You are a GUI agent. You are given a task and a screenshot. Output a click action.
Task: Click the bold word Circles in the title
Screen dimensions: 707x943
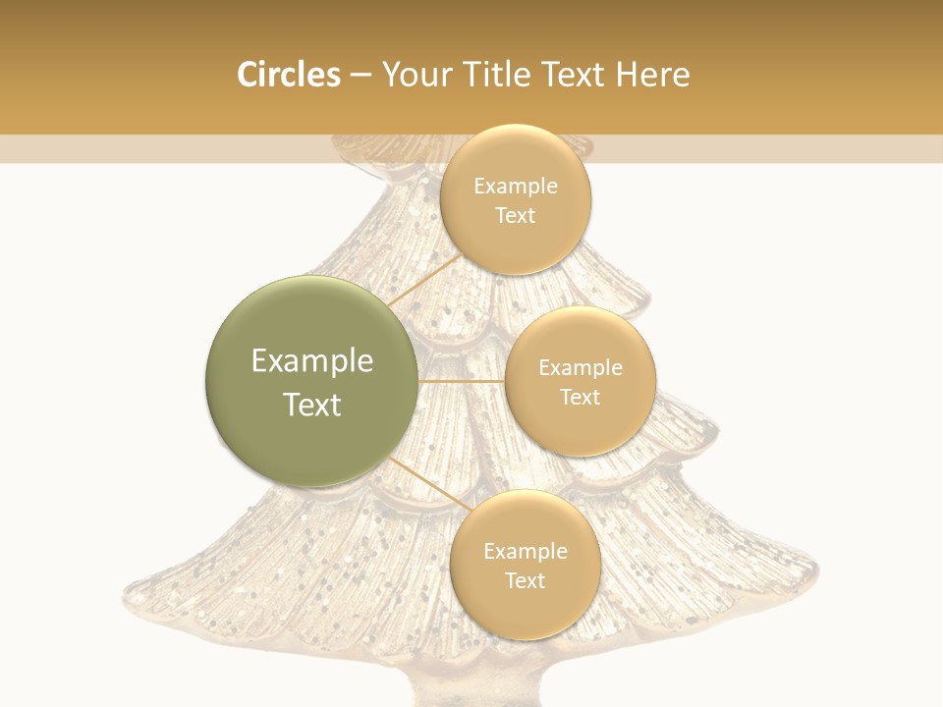[288, 75]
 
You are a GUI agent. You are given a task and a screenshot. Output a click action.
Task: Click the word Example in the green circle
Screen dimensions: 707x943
[312, 361]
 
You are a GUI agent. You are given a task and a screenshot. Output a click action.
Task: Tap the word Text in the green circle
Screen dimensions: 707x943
[312, 405]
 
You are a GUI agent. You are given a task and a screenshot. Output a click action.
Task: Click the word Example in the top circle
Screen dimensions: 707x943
[516, 186]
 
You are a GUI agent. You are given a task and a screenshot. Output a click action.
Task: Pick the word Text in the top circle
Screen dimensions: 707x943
[515, 215]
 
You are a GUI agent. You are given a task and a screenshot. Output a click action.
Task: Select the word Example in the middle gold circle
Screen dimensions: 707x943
[581, 367]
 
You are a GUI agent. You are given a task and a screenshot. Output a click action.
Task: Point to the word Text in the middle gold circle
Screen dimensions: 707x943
[580, 397]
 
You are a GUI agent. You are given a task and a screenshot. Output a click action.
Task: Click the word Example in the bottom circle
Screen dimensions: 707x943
[526, 551]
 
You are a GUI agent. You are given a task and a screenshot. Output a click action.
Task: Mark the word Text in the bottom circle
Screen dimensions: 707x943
[525, 580]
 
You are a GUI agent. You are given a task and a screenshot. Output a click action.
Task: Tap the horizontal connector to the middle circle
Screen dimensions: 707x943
[461, 381]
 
